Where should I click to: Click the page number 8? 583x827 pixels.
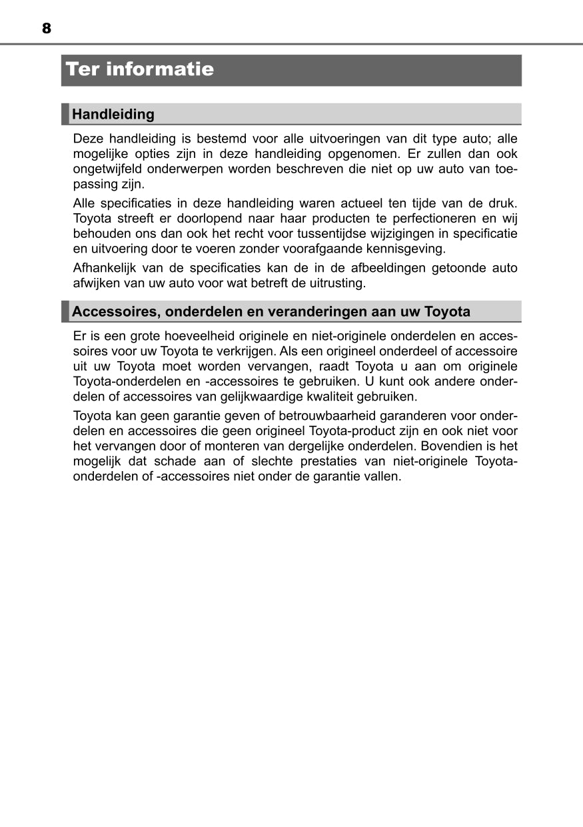click(46, 29)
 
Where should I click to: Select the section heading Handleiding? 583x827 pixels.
click(113, 114)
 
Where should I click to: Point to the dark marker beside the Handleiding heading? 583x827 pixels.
click(65, 114)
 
